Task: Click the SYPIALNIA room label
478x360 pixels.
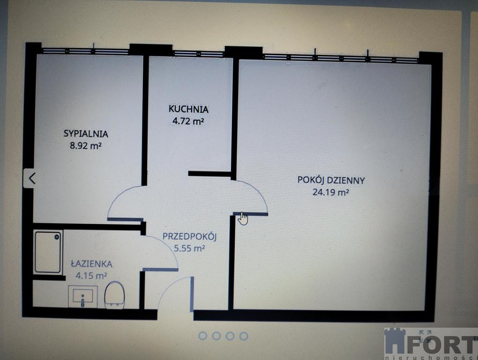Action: tap(86, 134)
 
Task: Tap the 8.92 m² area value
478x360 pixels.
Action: tap(86, 145)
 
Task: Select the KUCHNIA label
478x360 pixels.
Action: tap(188, 109)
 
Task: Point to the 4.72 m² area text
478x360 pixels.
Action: tap(188, 121)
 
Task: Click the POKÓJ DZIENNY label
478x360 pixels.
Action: tap(331, 180)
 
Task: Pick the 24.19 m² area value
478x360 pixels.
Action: tap(331, 192)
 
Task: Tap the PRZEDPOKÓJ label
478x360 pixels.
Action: tap(189, 236)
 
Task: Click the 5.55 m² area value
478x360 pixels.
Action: tap(189, 248)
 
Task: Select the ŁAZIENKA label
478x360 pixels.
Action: tap(91, 264)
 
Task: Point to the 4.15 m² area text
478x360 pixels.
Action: tap(91, 276)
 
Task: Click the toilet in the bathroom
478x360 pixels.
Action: tap(114, 294)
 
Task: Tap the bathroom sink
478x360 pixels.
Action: tap(83, 296)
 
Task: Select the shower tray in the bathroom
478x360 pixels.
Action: tap(48, 252)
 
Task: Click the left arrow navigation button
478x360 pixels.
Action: tap(32, 178)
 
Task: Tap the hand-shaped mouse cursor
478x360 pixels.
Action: tap(243, 218)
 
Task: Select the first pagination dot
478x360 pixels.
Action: tap(202, 336)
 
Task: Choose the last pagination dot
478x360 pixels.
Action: tap(244, 336)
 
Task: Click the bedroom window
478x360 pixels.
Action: tap(85, 51)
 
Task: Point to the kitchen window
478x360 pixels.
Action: tap(198, 53)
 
